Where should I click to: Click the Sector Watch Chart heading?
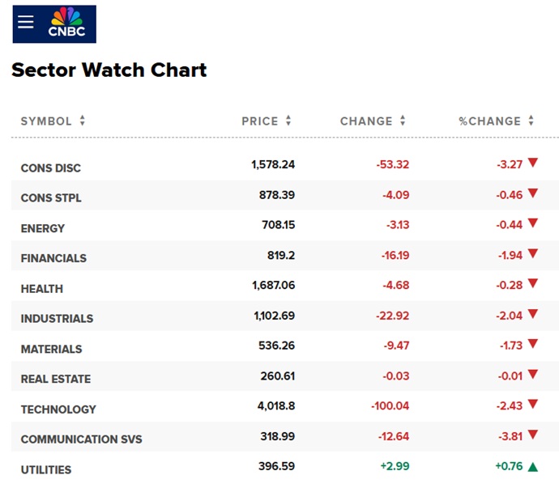point(109,70)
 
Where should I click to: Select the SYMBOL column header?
point(46,121)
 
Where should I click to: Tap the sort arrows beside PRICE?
point(288,121)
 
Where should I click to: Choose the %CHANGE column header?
point(489,121)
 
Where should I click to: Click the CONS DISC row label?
point(51,168)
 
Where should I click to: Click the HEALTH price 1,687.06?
point(273,286)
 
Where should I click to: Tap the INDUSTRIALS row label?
point(57,319)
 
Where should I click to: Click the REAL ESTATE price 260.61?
point(275,377)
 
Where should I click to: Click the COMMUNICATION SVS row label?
point(81,439)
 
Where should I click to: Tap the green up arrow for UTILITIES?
point(532,467)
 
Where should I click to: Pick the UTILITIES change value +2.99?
point(394,468)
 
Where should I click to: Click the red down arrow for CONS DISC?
point(532,163)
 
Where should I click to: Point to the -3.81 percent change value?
point(509,438)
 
